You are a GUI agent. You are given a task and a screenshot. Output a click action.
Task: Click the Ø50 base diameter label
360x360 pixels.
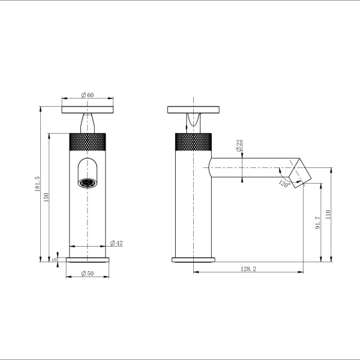[x=88, y=274]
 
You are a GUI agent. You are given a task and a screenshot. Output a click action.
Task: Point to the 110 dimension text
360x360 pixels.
[x=328, y=215]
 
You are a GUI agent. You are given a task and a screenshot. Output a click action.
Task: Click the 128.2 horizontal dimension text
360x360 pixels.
[x=248, y=269]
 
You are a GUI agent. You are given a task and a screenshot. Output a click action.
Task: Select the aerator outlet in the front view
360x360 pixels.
[x=88, y=182]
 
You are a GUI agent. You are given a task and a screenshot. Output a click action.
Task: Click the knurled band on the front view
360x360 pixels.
[x=88, y=141]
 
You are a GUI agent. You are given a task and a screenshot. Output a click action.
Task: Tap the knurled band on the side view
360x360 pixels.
[x=193, y=141]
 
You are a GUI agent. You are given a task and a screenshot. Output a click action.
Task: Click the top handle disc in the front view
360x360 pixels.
[x=88, y=109]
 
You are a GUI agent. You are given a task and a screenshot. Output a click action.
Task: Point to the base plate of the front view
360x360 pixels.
[x=88, y=259]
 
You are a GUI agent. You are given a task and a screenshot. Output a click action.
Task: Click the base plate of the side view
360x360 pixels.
[x=193, y=259]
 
